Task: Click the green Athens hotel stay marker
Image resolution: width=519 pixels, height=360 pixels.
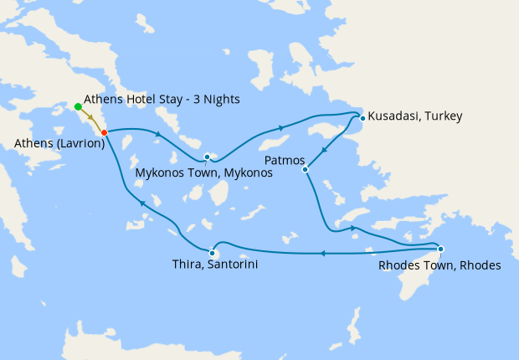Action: tap(78, 106)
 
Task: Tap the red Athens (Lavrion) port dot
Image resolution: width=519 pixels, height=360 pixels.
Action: tap(104, 132)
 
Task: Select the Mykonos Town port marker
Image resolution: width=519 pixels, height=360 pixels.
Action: tap(207, 157)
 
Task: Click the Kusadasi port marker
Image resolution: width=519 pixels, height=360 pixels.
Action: tap(362, 118)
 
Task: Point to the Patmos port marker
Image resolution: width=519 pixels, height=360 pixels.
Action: tap(306, 169)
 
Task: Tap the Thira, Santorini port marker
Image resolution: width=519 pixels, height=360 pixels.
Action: tap(213, 253)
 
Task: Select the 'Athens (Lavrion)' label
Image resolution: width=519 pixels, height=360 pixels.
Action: tap(59, 144)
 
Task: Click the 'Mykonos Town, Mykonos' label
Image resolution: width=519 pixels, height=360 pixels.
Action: tap(204, 174)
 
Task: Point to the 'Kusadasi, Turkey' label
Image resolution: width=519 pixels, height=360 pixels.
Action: tap(415, 116)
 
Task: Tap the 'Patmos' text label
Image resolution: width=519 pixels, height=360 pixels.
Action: tap(283, 158)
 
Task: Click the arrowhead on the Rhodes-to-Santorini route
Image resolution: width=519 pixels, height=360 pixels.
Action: tap(322, 253)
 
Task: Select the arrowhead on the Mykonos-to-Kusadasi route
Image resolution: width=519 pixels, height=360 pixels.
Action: tap(280, 128)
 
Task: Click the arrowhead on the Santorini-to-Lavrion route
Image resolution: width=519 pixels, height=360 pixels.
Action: tap(142, 203)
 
